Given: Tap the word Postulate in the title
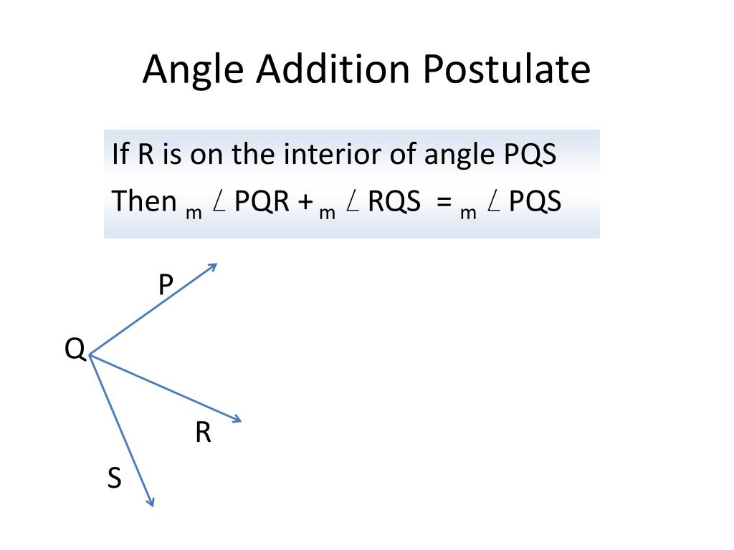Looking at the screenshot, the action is point(505,71).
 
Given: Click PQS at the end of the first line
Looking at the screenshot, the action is point(527,155).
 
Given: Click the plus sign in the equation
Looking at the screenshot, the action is point(307,203).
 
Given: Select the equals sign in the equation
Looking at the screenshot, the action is point(444,203).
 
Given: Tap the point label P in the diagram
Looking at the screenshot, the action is point(166,286).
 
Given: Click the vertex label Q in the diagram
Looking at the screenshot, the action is point(75,349).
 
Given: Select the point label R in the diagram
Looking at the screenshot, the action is point(203,433).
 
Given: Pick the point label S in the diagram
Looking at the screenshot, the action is point(115,478).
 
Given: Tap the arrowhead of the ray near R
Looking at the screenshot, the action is point(237,420).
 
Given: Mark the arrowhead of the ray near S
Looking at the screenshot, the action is point(151,502).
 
